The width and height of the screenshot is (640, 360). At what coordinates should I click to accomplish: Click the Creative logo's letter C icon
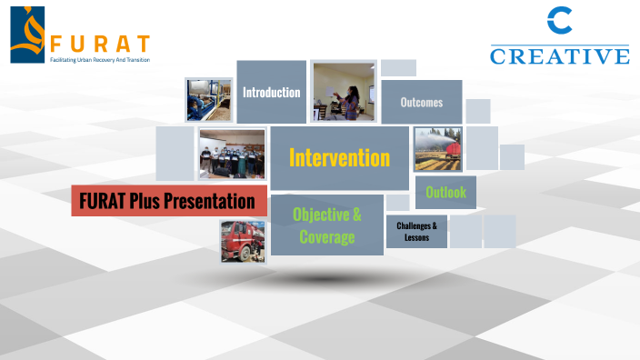pyautogui.click(x=559, y=23)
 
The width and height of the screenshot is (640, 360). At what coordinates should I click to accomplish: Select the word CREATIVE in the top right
pyautogui.click(x=559, y=56)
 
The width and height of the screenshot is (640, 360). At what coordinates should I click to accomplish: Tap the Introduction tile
pyautogui.click(x=271, y=92)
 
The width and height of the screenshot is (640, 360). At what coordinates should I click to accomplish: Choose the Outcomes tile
pyautogui.click(x=421, y=102)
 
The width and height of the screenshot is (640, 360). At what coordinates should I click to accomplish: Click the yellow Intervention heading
pyautogui.click(x=339, y=158)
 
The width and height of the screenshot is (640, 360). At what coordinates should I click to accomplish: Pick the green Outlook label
pyautogui.click(x=445, y=192)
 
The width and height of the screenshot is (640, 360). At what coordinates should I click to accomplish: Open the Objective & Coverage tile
pyautogui.click(x=326, y=225)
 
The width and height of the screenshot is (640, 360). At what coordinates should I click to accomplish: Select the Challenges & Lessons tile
pyautogui.click(x=416, y=232)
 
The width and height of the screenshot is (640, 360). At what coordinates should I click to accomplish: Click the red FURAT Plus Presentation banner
pyautogui.click(x=169, y=200)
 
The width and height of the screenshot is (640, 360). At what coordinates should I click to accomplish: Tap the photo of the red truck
pyautogui.click(x=243, y=241)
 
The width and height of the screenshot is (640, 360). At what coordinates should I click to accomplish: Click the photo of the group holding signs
pyautogui.click(x=232, y=153)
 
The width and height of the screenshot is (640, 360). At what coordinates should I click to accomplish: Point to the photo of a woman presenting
pyautogui.click(x=344, y=92)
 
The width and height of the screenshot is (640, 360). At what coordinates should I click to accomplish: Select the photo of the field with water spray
pyautogui.click(x=437, y=149)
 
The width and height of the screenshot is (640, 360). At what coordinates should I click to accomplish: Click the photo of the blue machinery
pyautogui.click(x=208, y=100)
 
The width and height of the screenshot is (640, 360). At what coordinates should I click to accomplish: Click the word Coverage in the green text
pyautogui.click(x=326, y=237)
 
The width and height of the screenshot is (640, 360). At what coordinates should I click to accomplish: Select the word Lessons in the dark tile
pyautogui.click(x=416, y=238)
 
